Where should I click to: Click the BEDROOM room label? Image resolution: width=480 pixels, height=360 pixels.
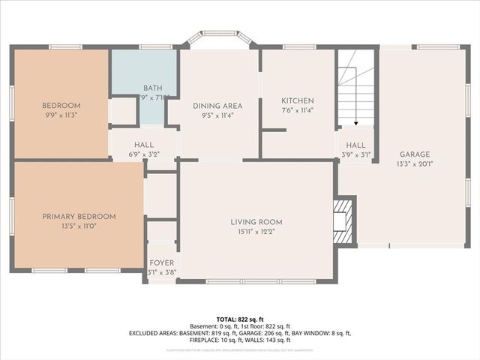(x=61, y=106)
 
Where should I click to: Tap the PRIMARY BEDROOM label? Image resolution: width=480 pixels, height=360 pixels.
(x=79, y=217)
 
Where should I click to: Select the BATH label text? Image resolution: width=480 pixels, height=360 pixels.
(x=152, y=88)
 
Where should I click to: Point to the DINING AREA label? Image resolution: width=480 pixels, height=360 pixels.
(x=217, y=106)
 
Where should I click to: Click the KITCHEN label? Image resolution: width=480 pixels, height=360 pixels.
(x=297, y=101)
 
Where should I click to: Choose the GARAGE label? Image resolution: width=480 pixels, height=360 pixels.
(x=414, y=154)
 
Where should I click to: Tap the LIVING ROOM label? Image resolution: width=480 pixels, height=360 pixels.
(x=256, y=222)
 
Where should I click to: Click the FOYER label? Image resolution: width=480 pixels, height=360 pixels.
(x=161, y=263)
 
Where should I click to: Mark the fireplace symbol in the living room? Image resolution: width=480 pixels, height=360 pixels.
(x=343, y=220)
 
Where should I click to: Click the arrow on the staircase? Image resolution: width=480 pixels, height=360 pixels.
(x=355, y=120)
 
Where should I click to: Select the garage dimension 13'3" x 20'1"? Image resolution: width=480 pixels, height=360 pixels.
(x=414, y=164)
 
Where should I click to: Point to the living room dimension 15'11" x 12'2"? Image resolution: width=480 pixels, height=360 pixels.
(x=256, y=232)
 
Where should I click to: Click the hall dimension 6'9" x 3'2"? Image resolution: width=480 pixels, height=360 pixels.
(x=144, y=154)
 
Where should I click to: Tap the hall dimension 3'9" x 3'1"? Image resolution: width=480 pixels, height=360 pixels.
(x=355, y=155)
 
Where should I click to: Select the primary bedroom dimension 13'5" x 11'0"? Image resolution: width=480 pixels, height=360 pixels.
(x=79, y=226)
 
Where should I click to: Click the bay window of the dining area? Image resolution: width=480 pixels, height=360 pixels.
(x=218, y=39)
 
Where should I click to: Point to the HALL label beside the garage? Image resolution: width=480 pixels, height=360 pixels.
(x=355, y=145)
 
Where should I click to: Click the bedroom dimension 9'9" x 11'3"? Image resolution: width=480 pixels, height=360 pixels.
(x=61, y=115)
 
